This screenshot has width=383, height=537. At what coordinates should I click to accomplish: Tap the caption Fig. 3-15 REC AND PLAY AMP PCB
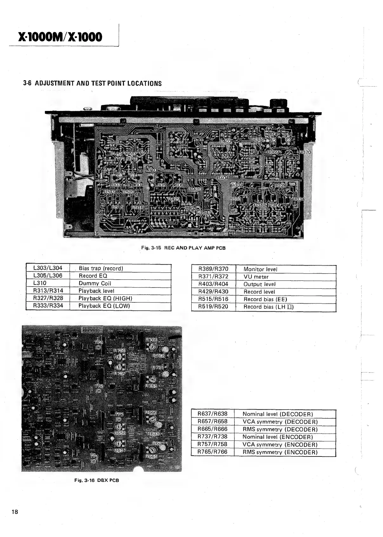[x=183, y=248]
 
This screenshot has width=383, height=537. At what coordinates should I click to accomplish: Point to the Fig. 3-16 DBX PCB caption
[x=96, y=480]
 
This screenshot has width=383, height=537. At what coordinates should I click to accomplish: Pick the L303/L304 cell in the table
[x=48, y=268]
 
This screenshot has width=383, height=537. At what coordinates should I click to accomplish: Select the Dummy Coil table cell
[x=95, y=283]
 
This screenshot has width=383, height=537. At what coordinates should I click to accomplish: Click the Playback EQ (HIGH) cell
[x=105, y=298]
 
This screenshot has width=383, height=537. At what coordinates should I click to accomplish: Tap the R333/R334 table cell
[x=48, y=306]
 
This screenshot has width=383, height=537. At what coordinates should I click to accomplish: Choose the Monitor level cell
[x=260, y=269]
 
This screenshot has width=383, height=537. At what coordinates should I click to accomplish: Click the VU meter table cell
[x=256, y=277]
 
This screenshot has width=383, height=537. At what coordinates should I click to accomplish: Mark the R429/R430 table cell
[x=213, y=292]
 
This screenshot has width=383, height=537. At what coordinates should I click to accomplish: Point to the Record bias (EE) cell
[x=265, y=299]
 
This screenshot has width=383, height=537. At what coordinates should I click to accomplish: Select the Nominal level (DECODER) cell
[x=278, y=414]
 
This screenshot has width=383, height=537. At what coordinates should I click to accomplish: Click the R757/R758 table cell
[x=212, y=444]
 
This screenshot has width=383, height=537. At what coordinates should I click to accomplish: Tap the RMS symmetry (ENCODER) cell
[x=280, y=452]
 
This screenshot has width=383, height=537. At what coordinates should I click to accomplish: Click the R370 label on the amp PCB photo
[x=305, y=152]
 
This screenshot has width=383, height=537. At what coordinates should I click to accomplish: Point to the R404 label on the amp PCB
[x=223, y=178]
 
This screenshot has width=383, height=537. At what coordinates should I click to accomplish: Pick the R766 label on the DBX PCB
[x=152, y=340]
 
